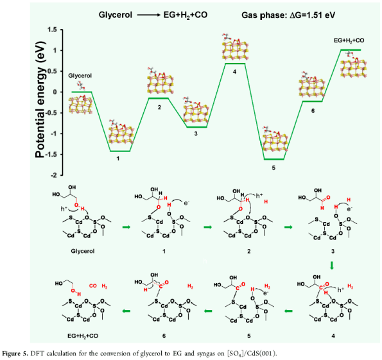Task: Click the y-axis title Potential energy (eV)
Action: tap(40, 99)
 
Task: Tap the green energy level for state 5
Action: tap(274, 159)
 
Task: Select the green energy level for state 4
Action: tap(235, 64)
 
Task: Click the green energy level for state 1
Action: tap(120, 151)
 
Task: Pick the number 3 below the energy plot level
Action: tap(196, 133)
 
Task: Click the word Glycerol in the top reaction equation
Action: tap(116, 15)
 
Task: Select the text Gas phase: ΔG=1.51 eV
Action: tap(288, 15)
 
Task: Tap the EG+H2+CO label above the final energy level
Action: tap(349, 40)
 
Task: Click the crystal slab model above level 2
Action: tap(160, 81)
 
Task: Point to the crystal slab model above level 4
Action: tap(235, 47)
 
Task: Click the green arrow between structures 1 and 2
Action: tap(208, 227)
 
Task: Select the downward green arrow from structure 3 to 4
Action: tap(332, 265)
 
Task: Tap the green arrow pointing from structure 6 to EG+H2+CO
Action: tap(126, 311)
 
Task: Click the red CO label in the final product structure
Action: tap(93, 286)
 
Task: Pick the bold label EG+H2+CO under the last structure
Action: tap(83, 336)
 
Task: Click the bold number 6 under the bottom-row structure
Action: tap(164, 336)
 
